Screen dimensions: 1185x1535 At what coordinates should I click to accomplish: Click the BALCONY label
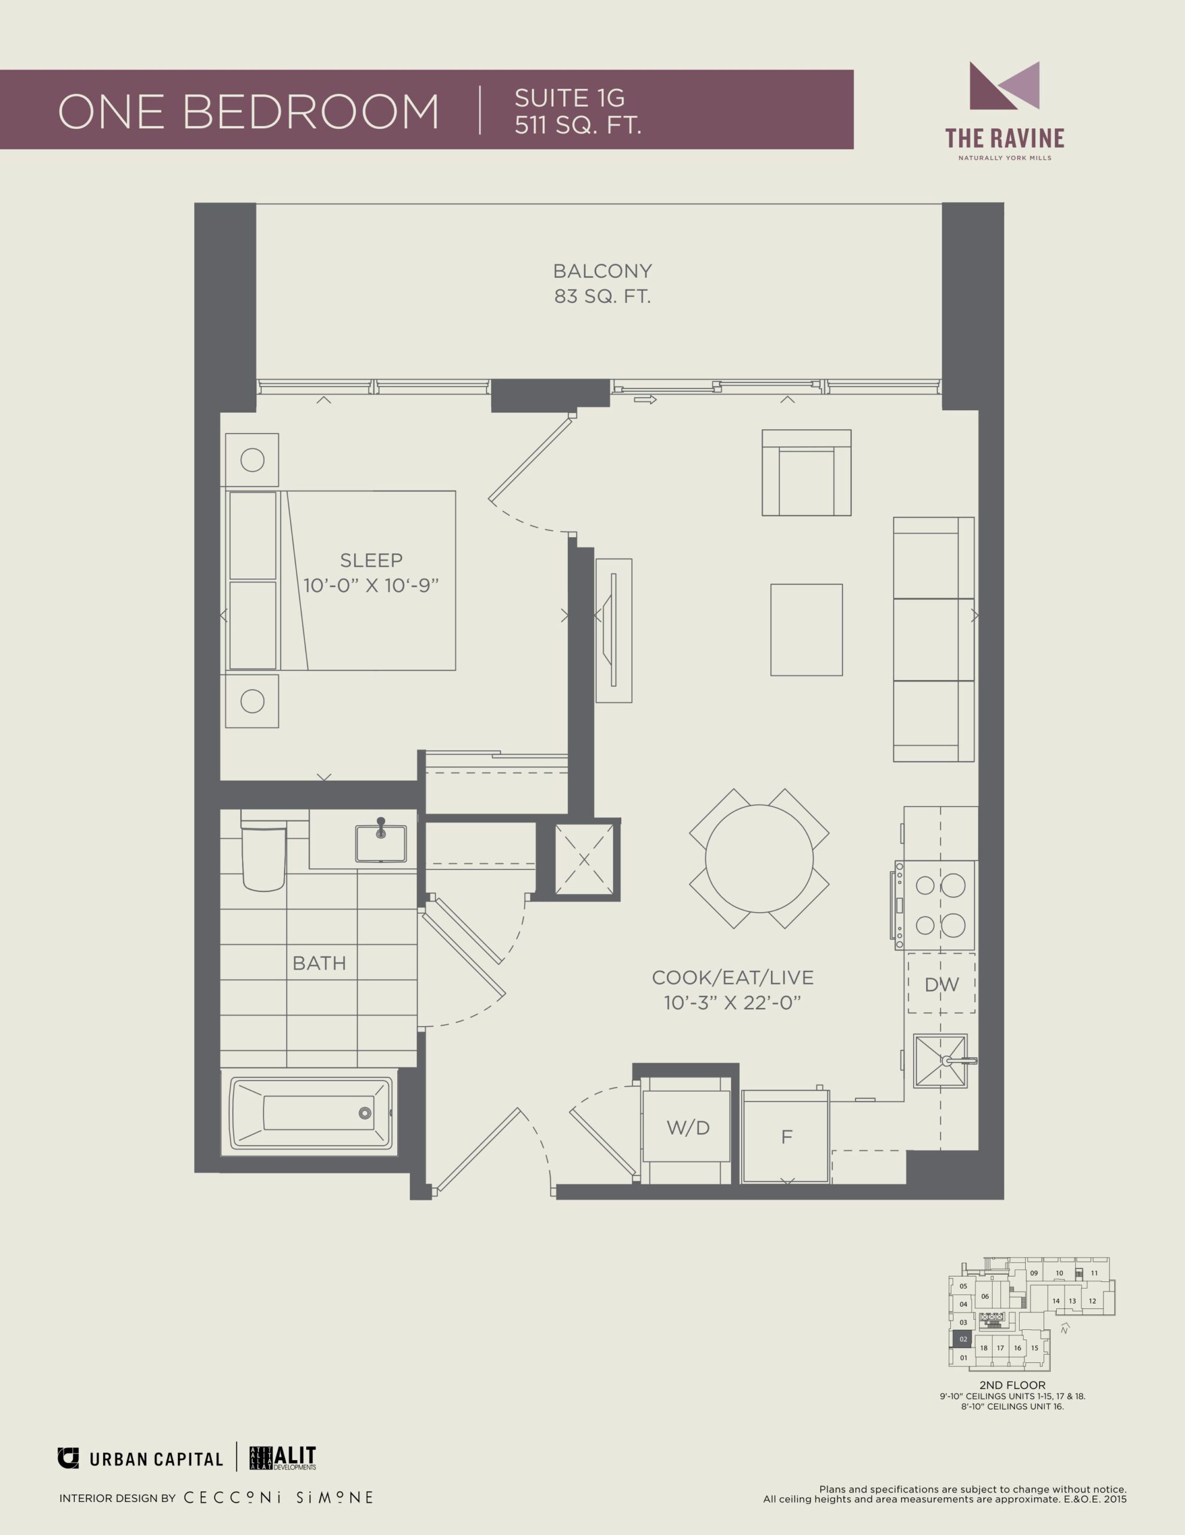pos(602,270)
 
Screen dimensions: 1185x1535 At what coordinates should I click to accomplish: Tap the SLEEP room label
pos(371,560)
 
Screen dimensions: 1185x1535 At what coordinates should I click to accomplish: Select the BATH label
pos(319,963)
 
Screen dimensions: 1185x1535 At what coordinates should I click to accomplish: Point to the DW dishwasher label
pos(941,985)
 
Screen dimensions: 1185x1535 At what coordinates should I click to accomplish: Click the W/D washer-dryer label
pos(688,1128)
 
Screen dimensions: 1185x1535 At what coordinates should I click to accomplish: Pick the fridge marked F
pos(786,1136)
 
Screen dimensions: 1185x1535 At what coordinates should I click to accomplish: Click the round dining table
pos(759,859)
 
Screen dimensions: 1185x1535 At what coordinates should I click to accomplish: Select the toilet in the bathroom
pos(264,850)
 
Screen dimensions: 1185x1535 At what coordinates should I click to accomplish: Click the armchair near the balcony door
pos(806,473)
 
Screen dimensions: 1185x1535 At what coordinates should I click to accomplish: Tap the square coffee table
pos(806,630)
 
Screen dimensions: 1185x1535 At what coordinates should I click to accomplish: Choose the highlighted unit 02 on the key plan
pos(963,1340)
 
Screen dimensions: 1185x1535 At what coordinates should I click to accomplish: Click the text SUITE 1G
pos(569,98)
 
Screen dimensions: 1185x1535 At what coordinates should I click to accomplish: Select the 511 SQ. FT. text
pos(578,125)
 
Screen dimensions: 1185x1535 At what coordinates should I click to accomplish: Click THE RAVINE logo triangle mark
pos(1005,86)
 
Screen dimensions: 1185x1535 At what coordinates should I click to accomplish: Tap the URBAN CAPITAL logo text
pos(156,1460)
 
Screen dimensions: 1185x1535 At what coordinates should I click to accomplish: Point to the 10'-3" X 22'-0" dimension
pos(733,1003)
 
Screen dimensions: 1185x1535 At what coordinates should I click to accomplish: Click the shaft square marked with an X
pos(584,859)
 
